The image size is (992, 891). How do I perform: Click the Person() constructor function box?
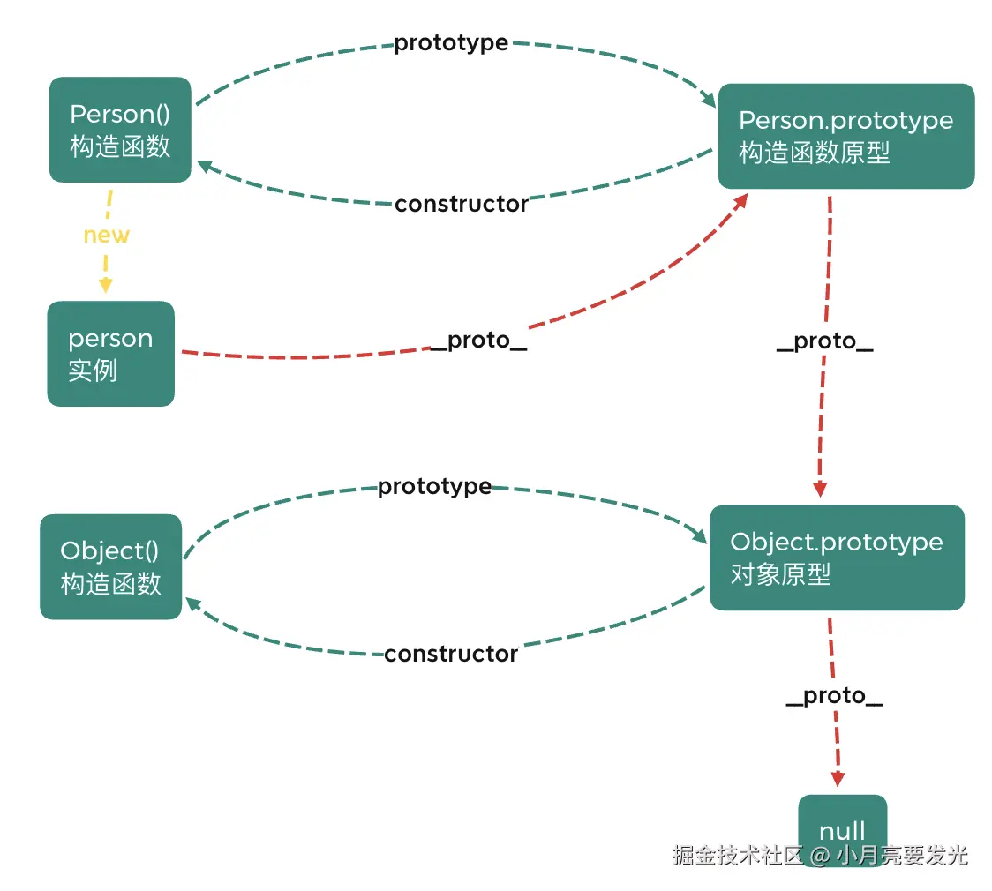pos(119,130)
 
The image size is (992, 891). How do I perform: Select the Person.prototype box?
pos(845,136)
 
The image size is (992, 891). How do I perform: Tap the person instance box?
pos(110,354)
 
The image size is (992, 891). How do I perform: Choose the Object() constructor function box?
pos(110,566)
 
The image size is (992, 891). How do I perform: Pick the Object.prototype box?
pos(837,558)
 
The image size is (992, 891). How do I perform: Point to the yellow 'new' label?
pos(106,236)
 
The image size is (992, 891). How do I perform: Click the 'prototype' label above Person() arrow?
pos(450,43)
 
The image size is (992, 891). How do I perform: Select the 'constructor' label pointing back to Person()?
pos(461,205)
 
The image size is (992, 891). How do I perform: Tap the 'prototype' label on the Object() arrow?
pos(434,487)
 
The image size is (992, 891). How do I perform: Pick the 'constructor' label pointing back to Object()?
pos(450,655)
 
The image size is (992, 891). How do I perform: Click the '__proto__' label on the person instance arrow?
pos(478,341)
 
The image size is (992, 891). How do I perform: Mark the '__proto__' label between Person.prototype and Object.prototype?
pos(824,341)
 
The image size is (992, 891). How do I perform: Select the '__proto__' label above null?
pos(833,696)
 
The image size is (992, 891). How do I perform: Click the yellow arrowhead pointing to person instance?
pos(106,285)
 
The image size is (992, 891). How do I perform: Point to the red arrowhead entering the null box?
pos(838,780)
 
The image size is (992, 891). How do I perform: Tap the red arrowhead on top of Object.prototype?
pos(820,490)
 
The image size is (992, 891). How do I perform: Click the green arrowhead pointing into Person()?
pos(202,165)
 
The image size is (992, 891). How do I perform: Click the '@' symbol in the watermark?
pos(820,856)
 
